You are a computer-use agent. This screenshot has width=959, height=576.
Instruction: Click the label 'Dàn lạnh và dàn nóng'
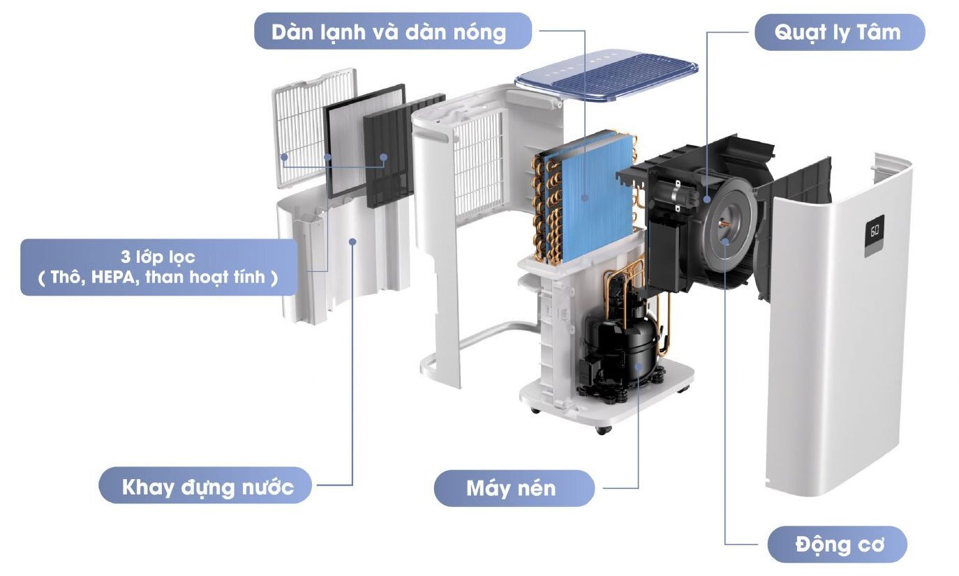tap(392, 31)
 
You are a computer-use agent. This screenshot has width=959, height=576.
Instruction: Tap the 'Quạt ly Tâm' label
tap(839, 32)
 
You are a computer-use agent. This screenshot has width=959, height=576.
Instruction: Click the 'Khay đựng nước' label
tap(207, 486)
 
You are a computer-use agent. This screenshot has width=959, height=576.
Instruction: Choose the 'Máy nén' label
tap(512, 487)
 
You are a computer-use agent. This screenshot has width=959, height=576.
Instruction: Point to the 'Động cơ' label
tap(837, 545)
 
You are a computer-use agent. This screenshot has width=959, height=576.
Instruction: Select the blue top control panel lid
tap(606, 83)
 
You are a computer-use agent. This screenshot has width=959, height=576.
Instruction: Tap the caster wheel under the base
tap(602, 429)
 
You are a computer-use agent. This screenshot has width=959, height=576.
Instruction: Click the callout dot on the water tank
tap(352, 241)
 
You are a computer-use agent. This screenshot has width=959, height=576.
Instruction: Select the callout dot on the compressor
tap(639, 365)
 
